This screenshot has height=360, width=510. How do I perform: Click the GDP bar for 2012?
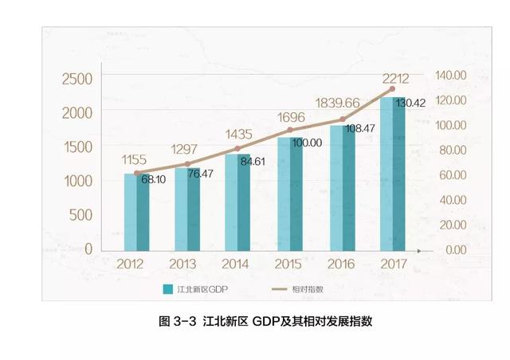point(136,211)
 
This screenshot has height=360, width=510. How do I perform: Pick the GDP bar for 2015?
point(289,193)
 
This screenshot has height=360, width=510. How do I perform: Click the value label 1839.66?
point(339,103)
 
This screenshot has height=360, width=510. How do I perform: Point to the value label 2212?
point(395,78)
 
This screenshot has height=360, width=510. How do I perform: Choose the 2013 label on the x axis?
point(186,264)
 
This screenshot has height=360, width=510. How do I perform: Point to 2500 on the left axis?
point(76,78)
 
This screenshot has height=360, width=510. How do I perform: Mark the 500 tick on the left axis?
point(82,215)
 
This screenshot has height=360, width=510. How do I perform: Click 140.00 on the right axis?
point(449,74)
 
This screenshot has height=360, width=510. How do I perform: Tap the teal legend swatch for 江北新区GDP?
point(168,289)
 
